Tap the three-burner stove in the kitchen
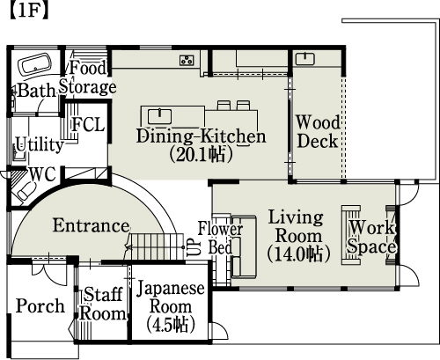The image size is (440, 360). pyautogui.click(x=187, y=60)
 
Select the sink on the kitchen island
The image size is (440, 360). pyautogui.click(x=159, y=116)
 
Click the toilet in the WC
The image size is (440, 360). pyautogui.click(x=26, y=191)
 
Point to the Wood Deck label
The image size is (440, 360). pyautogui.click(x=318, y=131)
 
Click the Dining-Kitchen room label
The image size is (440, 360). pyautogui.click(x=202, y=136)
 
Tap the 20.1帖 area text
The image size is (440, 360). pyautogui.click(x=202, y=154)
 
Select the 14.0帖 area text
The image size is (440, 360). pyautogui.click(x=299, y=254)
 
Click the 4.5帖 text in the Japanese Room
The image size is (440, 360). pyautogui.click(x=171, y=325)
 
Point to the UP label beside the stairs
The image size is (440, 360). pyautogui.click(x=194, y=247)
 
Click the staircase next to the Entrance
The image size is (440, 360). pyautogui.click(x=156, y=246)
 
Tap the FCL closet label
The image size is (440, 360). pyautogui.click(x=88, y=124)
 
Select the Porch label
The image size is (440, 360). pyautogui.click(x=40, y=306)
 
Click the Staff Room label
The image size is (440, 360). pyautogui.click(x=103, y=304)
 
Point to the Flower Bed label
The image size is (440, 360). pyautogui.click(x=220, y=238)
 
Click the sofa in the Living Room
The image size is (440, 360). pyautogui.click(x=244, y=247)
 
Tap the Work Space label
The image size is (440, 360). pyautogui.click(x=372, y=237)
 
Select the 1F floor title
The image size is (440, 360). pyautogui.click(x=29, y=11)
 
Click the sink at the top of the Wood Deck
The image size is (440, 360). pyautogui.click(x=305, y=59)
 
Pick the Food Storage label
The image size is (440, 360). pyautogui.click(x=88, y=77)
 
